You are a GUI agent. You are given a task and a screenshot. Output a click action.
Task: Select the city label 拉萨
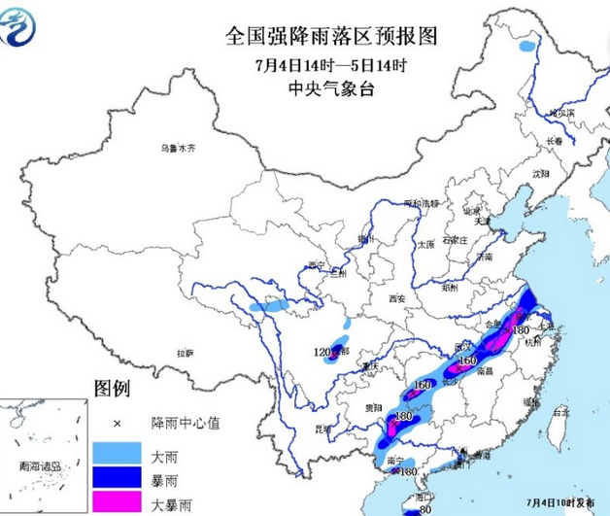coord(185,352)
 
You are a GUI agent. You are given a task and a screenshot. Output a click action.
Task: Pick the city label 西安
coord(395,298)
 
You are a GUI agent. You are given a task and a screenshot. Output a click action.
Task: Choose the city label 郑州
coord(449,289)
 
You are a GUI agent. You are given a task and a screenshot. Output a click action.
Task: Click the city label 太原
coord(424,245)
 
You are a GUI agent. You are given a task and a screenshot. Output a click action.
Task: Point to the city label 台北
coord(560,412)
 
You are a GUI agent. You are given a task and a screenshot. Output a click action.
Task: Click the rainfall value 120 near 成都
coord(323,351)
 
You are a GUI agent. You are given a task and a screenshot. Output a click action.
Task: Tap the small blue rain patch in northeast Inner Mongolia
coord(527,46)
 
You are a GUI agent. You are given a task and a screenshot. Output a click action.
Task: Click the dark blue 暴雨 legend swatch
coord(115,478)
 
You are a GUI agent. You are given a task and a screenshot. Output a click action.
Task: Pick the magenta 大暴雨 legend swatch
coord(115,501)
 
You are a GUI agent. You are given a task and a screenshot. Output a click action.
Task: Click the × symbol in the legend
coord(116,424)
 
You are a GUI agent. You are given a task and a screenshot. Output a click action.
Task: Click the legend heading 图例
coord(111,389)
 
